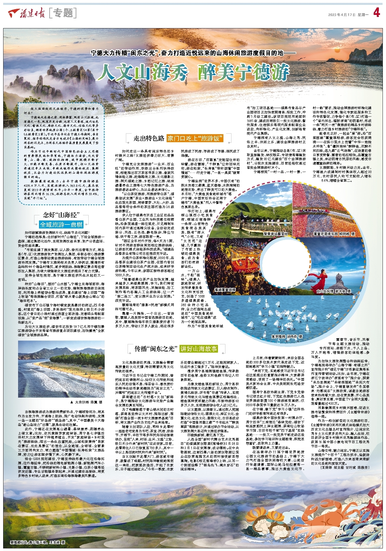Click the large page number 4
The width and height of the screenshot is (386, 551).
tap(377, 13)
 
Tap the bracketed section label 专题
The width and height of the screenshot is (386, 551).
tap(63, 13)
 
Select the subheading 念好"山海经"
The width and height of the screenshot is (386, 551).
tap(61, 215)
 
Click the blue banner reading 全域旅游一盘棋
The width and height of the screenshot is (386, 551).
tap(61, 224)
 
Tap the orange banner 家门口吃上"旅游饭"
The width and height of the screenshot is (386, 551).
tap(195, 138)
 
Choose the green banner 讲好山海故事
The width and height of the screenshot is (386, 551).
tap(198, 349)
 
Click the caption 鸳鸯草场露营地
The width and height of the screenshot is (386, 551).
tap(275, 234)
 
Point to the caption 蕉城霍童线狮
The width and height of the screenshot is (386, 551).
tap(225, 290)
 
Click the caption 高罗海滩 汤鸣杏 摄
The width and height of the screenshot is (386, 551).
tap(286, 336)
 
